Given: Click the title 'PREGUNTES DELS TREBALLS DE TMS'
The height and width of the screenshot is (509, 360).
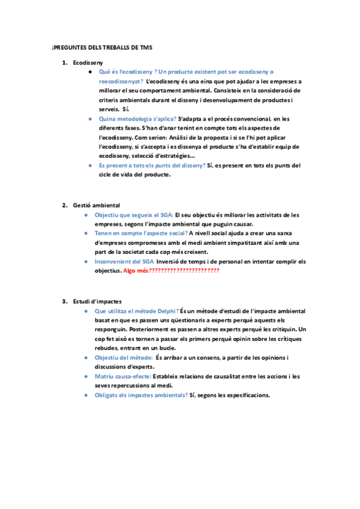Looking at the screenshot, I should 103,47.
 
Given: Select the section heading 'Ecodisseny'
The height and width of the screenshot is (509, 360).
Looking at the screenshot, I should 88,62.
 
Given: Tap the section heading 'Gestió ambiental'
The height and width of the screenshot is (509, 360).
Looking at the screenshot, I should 96,205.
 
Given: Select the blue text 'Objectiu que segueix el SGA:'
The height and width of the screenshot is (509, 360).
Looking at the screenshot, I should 133,214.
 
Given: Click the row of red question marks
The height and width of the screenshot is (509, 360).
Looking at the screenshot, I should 184,271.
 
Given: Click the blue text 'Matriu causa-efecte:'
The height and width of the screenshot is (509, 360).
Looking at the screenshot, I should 122,376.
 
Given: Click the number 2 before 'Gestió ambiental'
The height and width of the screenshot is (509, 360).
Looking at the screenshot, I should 64,205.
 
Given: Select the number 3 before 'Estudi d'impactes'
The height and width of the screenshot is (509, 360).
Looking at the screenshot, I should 64,301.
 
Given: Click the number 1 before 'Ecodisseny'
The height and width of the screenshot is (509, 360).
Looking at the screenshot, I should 64,62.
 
